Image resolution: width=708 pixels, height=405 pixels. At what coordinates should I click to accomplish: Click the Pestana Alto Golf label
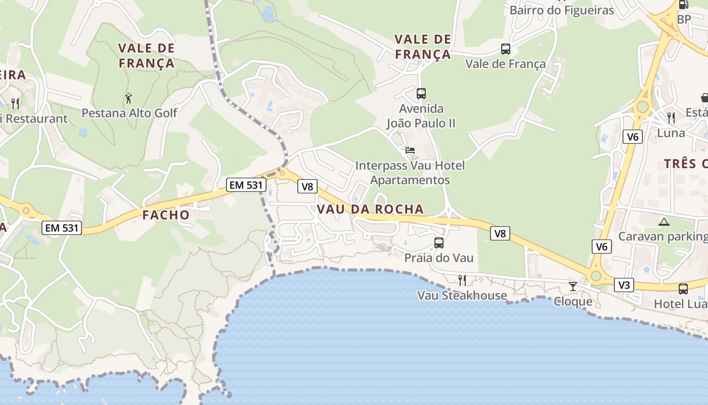coord(129,112)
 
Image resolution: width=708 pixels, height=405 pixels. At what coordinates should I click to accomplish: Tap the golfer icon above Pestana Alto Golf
coord(128,97)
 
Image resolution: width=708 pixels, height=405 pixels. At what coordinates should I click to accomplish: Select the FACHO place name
coord(166,215)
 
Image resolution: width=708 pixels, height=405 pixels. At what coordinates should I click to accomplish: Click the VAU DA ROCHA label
coord(370,209)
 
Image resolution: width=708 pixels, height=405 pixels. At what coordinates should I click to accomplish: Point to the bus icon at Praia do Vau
coord(439,243)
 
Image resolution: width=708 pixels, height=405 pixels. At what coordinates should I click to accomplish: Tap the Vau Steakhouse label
coord(462,295)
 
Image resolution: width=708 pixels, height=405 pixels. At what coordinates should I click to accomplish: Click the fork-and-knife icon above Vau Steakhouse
coord(462,280)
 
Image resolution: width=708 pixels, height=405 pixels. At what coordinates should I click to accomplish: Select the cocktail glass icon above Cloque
coord(572,287)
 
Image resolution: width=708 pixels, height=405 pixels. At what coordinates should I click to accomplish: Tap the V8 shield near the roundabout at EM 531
coord(307,186)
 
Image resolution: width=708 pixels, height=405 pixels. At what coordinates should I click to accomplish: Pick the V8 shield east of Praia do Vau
coord(500,233)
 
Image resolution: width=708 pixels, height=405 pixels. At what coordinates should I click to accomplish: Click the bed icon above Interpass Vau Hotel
coord(410,150)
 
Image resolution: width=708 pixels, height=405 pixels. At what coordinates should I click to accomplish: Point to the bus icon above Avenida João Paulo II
coord(421,93)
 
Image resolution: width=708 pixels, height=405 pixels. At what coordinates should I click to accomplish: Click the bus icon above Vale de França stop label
coord(506,49)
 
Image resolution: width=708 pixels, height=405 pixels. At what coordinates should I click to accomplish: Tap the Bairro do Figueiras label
coord(561,10)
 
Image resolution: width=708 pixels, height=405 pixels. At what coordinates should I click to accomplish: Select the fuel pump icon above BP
coord(683,5)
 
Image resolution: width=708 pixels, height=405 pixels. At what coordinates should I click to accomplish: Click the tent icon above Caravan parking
coord(663,222)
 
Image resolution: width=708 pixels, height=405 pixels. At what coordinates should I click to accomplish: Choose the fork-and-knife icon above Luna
coord(671,117)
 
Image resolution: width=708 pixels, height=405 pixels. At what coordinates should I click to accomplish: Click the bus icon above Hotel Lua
coord(683,289)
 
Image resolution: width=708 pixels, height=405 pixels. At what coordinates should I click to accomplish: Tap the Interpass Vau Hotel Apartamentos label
coord(410,173)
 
